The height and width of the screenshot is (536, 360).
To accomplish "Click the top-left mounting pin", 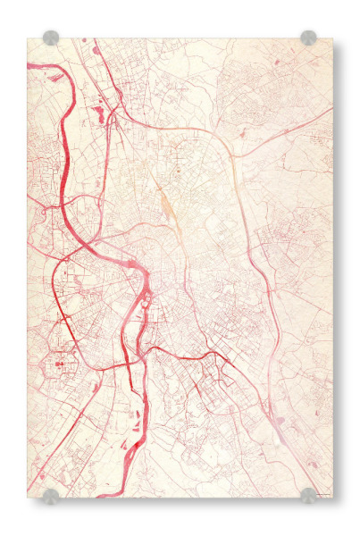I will (x=51, y=38).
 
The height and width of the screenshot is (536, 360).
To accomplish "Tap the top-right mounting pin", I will (x=308, y=38).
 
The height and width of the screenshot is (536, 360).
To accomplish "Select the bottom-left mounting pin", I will (x=51, y=495).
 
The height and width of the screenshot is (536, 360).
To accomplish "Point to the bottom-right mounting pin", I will (x=308, y=495).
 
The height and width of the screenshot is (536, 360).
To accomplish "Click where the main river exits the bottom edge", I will (x=107, y=494).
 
